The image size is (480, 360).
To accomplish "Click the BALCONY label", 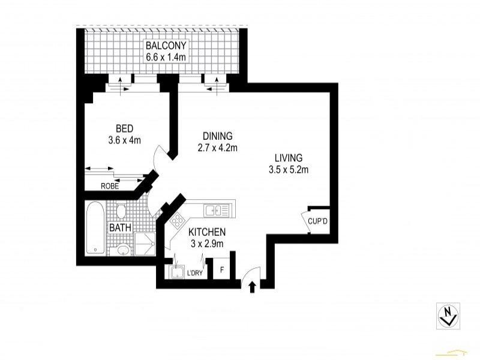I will tap(166, 46).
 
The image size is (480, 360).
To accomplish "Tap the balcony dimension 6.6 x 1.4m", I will tap(166, 57).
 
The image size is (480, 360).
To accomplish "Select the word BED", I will tap(124, 129).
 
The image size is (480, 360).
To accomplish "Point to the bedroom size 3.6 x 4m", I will tap(124, 141).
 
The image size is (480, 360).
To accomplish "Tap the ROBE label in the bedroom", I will tap(110, 186).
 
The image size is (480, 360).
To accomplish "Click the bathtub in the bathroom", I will tap(94, 229).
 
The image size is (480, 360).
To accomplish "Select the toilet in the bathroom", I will tap(120, 212).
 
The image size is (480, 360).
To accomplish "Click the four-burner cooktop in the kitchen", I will tap(178, 221).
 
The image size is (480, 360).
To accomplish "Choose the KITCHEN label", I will tap(206, 232).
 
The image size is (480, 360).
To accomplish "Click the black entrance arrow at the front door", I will tap(252, 287).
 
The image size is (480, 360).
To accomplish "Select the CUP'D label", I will tap(317, 221).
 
